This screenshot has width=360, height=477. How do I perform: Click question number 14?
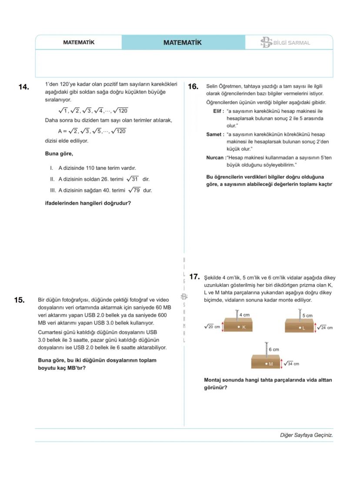(23, 87)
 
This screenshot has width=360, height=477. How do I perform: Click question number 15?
(19, 300)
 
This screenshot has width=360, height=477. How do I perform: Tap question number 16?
(193, 87)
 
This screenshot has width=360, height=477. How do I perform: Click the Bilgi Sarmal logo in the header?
(285, 43)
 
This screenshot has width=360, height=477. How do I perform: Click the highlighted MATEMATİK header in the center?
(183, 43)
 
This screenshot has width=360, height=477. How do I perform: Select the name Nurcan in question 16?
(215, 158)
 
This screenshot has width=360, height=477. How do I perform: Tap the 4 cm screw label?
(244, 315)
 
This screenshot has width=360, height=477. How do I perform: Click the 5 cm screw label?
(307, 316)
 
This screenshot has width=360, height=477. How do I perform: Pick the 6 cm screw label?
(273, 349)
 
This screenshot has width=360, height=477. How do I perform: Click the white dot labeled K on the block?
(239, 327)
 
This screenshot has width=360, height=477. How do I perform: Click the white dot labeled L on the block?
(300, 328)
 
